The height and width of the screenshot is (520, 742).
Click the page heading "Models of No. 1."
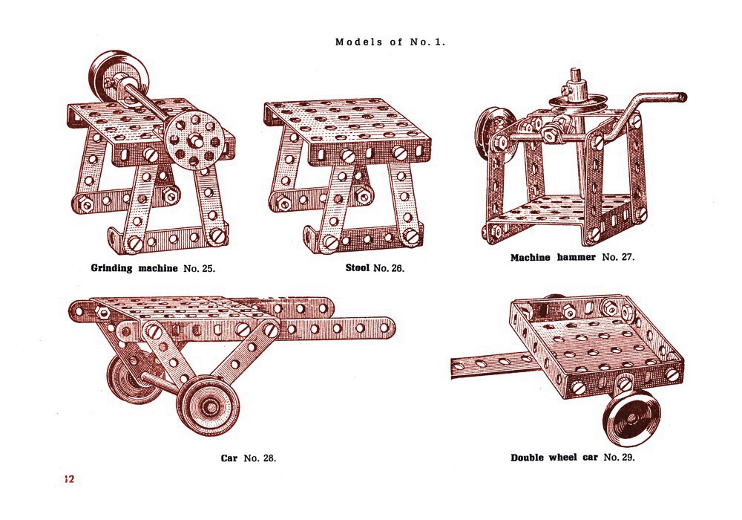pos(390,42)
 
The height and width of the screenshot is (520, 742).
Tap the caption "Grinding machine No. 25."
pos(153,267)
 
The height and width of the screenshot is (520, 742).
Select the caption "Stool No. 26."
pos(375,267)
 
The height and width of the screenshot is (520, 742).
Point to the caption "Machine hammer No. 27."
pos(572,258)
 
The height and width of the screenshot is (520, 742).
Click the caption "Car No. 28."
pos(249,458)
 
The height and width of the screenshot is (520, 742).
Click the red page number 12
pos(69,479)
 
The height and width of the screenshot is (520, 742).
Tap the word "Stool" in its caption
pos(359,267)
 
